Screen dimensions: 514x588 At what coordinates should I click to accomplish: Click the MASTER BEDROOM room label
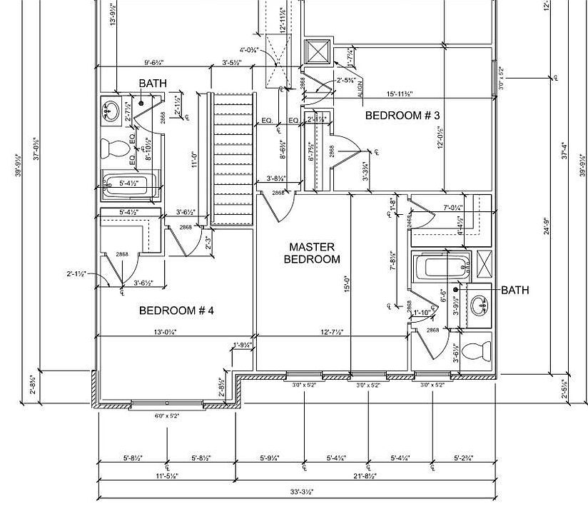pyautogui.click(x=312, y=253)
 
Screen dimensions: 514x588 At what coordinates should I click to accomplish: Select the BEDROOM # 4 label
pyautogui.click(x=176, y=311)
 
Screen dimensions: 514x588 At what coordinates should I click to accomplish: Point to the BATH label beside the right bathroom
pyautogui.click(x=515, y=291)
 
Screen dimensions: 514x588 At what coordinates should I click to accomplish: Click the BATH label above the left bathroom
pyautogui.click(x=153, y=84)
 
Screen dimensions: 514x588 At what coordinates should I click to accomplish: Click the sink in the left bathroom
pyautogui.click(x=111, y=111)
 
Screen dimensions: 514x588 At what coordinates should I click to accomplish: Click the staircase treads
pyautogui.click(x=233, y=157)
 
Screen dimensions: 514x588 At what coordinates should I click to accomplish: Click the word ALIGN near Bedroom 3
pyautogui.click(x=360, y=88)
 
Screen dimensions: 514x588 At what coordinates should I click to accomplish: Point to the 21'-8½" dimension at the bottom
pyautogui.click(x=363, y=475)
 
